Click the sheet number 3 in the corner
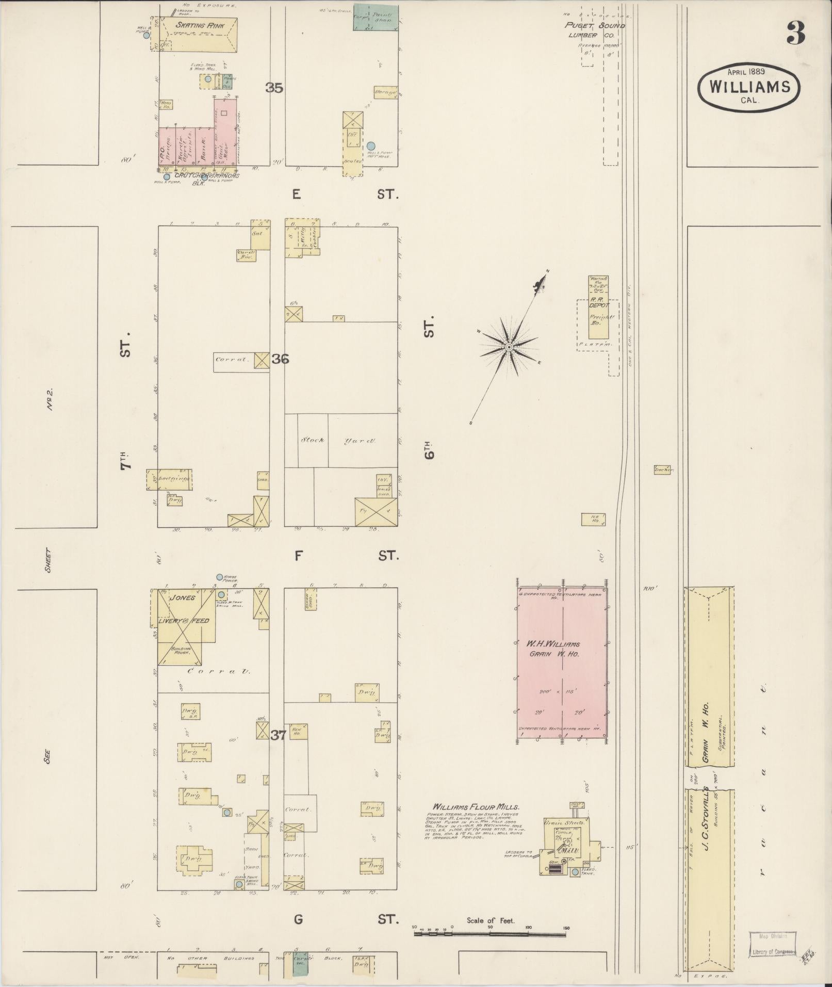pos(796,34)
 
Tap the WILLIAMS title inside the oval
pos(749,87)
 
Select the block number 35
pos(274,88)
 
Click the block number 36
pos(280,359)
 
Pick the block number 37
pos(278,735)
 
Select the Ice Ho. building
pos(593,519)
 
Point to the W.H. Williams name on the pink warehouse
pos(553,644)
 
